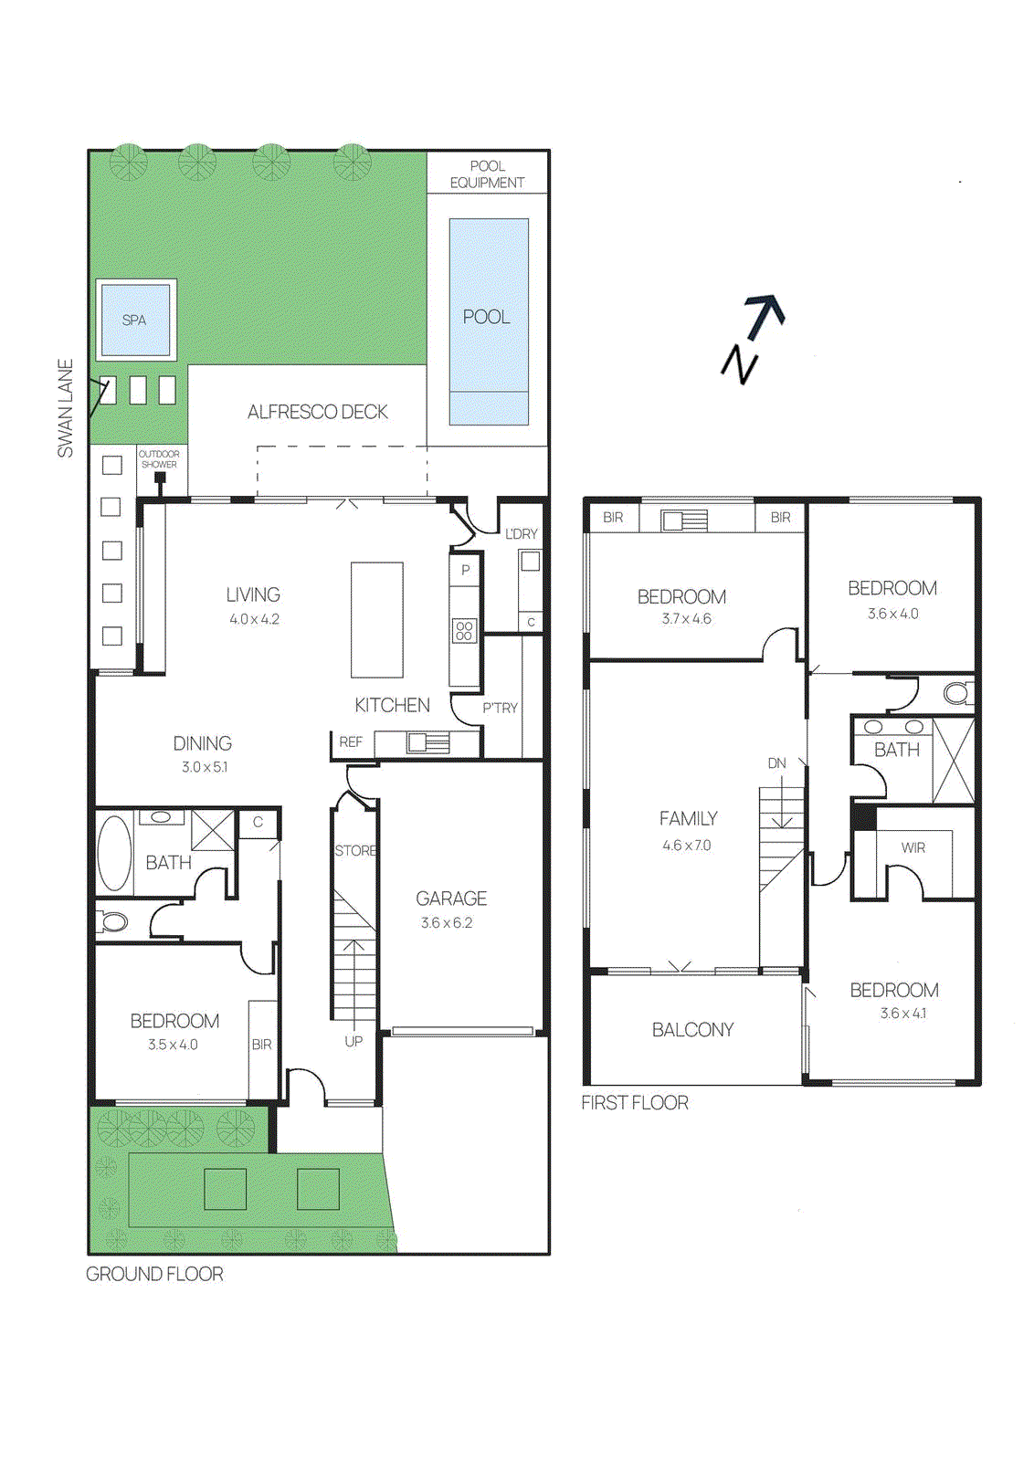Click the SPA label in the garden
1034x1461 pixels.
point(133,321)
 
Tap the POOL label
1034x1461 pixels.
point(486,317)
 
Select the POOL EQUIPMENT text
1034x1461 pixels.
point(488,174)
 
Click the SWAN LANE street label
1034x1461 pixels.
point(66,408)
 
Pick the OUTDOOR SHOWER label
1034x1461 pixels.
point(159,459)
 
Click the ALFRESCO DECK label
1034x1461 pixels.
point(318,412)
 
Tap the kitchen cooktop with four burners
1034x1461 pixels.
point(465,630)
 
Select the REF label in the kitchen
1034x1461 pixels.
point(351,742)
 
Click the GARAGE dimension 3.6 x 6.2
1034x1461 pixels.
point(447,923)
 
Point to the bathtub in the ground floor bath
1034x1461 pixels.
point(114,853)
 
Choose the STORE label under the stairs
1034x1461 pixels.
point(355,850)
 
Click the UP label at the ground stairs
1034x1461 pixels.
point(353,1042)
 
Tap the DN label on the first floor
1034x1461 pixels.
point(777,763)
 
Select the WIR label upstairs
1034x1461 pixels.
point(913,848)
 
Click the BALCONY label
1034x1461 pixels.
point(692,1030)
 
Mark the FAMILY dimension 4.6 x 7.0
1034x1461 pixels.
point(687,846)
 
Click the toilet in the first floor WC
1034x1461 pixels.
point(957,693)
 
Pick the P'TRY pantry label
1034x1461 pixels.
point(501,709)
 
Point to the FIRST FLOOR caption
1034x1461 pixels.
point(635,1103)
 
